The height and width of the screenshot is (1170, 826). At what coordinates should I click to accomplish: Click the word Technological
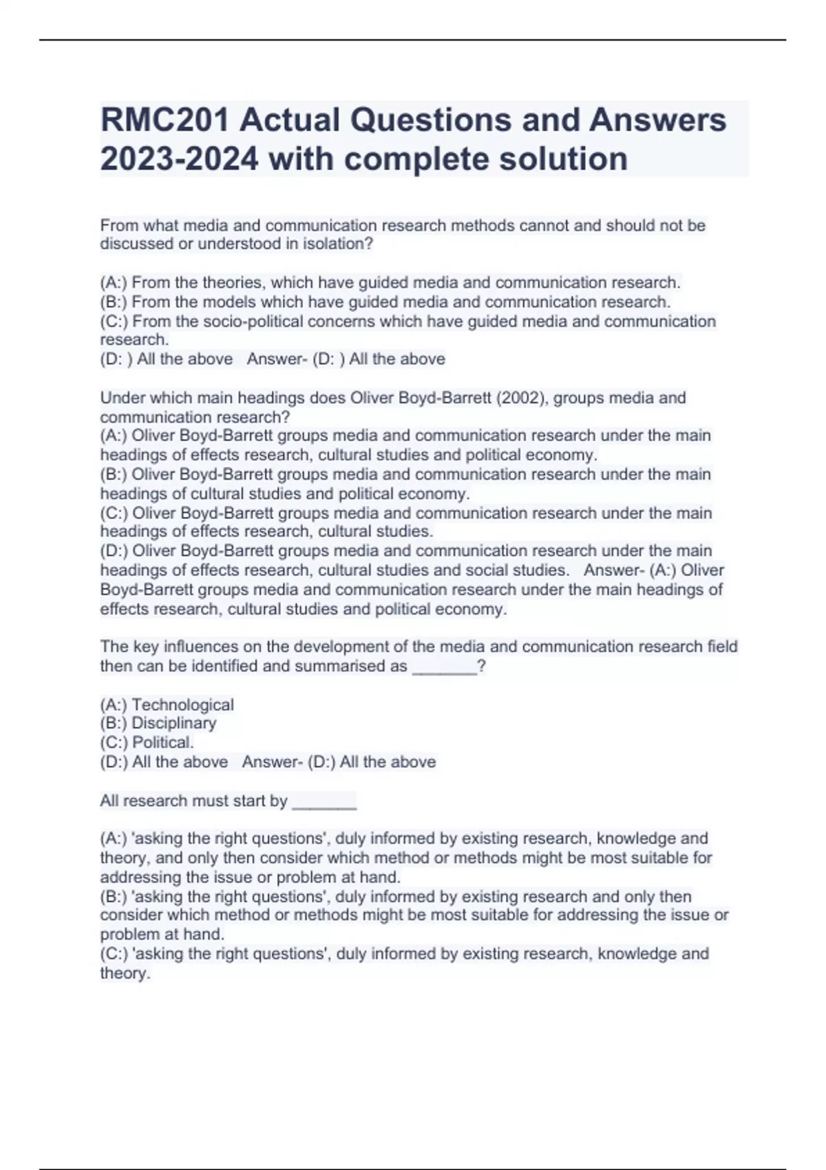[x=182, y=705]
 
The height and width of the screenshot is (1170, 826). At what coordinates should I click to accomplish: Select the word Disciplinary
[x=173, y=723]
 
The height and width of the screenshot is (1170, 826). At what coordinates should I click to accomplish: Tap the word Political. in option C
[x=162, y=743]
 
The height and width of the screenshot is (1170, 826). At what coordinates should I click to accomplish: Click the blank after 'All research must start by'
[x=324, y=802]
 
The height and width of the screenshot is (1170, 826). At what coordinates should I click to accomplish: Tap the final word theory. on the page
[x=125, y=973]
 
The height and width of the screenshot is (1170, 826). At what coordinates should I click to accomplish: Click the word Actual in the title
[x=290, y=120]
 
